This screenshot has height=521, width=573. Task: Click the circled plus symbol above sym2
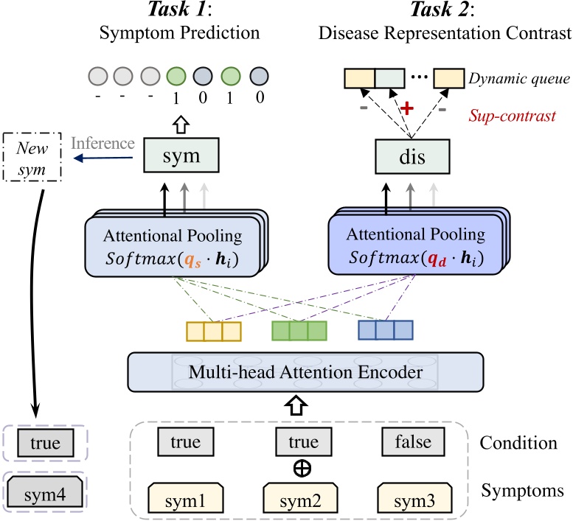(x=304, y=466)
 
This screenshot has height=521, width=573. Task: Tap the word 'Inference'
(x=103, y=143)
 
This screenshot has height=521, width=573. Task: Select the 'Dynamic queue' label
(x=515, y=76)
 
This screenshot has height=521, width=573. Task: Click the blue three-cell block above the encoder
(x=383, y=330)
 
